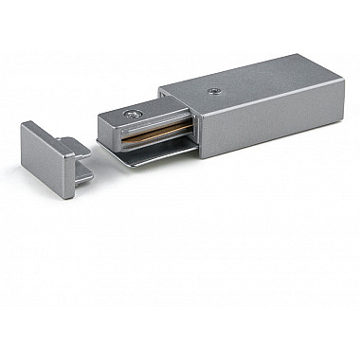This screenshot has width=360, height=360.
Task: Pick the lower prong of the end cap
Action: [83, 176]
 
